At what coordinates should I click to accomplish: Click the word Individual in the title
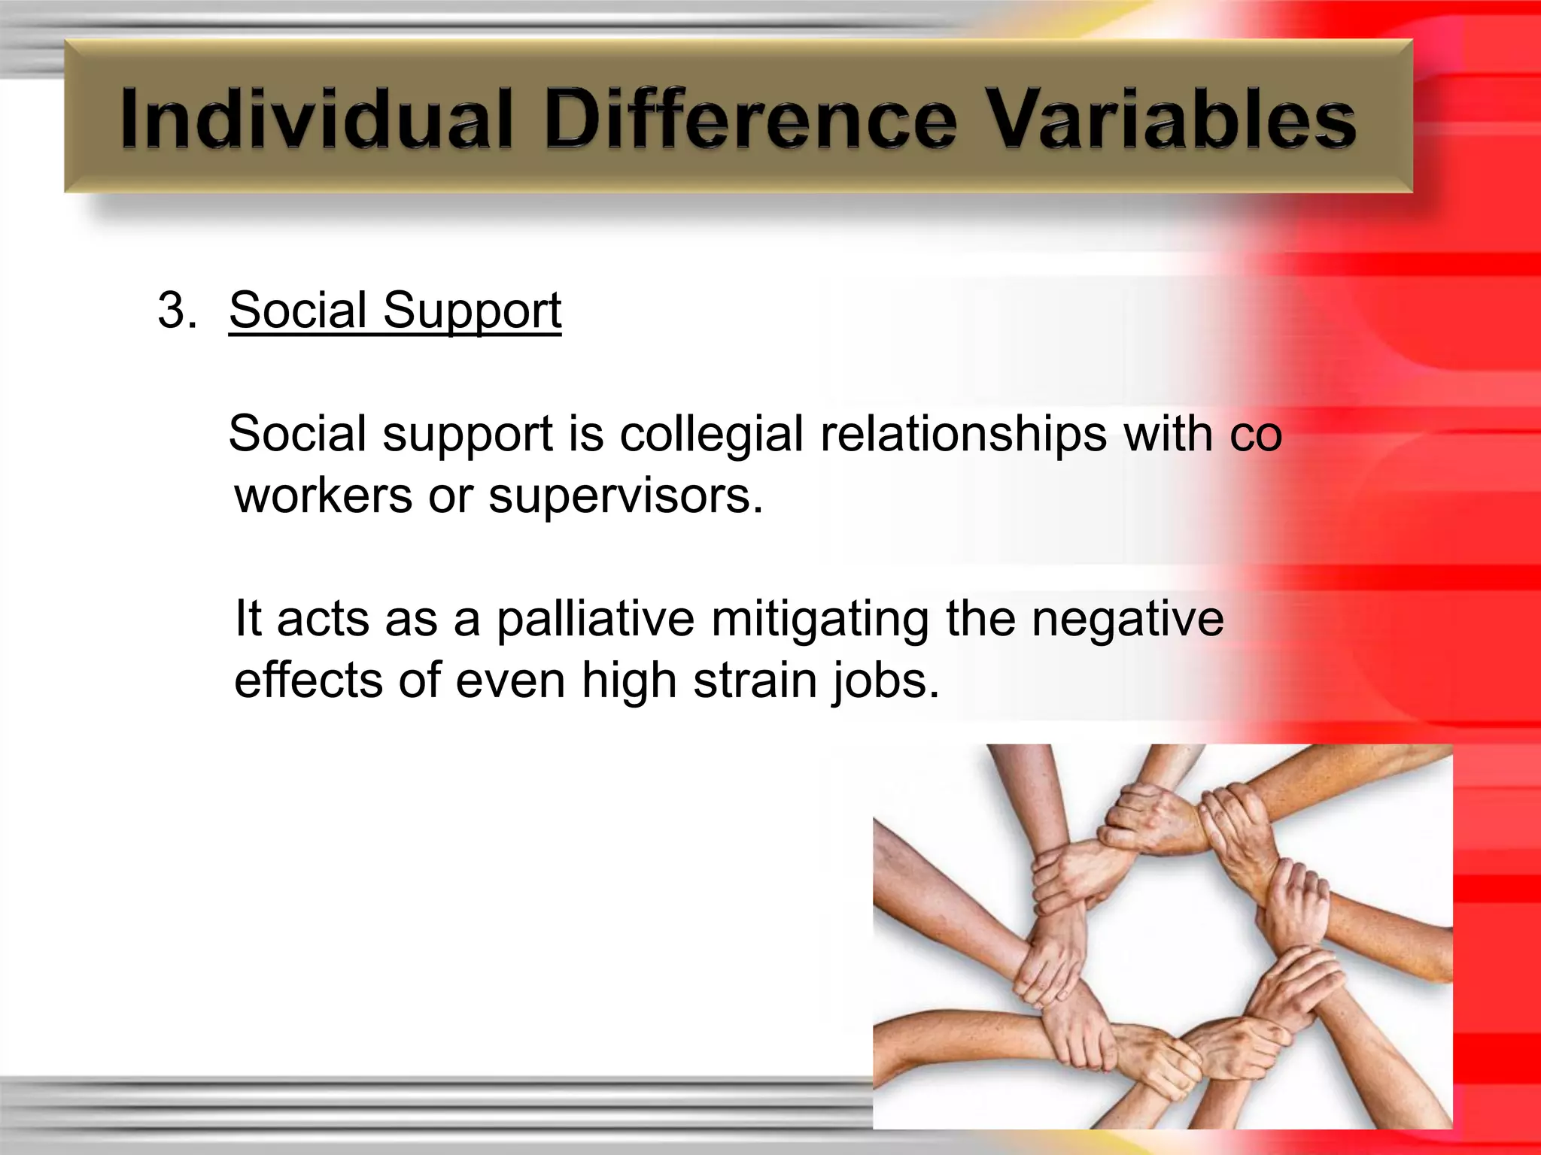pos(316,119)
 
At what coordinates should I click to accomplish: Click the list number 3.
pos(176,310)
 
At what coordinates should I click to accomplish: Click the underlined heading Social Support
pos(395,310)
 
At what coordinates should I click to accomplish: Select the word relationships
pos(963,435)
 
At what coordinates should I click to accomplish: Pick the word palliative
pos(595,620)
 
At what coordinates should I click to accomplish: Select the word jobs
pos(886,681)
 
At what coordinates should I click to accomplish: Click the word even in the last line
pos(510,681)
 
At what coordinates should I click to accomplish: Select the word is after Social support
pos(586,435)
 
